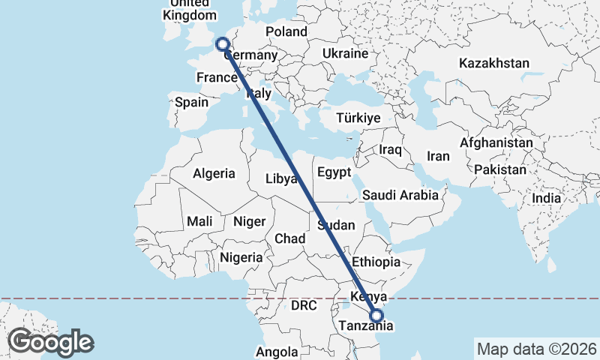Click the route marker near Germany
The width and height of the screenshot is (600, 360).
click(x=223, y=44)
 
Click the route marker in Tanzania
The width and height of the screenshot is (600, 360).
click(x=376, y=316)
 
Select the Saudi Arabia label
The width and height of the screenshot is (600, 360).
click(x=400, y=195)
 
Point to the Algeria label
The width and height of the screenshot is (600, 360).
click(x=214, y=174)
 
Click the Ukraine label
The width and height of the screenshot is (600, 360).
click(x=345, y=54)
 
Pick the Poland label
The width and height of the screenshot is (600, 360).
click(x=286, y=31)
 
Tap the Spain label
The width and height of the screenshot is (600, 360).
click(x=191, y=102)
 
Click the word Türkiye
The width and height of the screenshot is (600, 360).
click(x=358, y=118)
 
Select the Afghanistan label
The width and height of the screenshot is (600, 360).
click(x=496, y=142)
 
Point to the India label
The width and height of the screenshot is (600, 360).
click(x=546, y=199)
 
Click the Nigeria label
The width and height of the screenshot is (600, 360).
click(x=241, y=257)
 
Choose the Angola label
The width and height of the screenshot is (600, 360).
click(x=277, y=351)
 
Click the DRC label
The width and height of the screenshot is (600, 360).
click(x=304, y=306)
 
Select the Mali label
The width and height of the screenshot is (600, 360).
click(x=199, y=221)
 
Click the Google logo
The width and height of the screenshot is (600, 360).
click(x=50, y=342)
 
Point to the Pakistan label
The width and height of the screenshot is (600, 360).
click(x=500, y=169)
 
